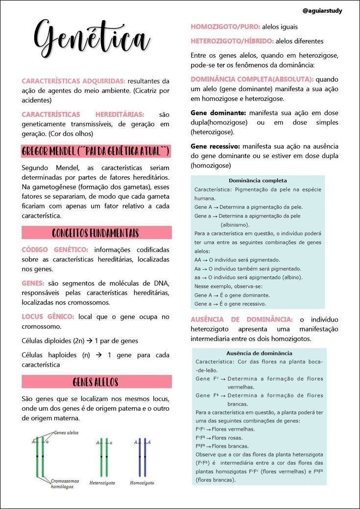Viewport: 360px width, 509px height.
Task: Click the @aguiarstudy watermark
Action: [322, 11]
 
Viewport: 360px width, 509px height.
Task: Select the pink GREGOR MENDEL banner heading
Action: [96, 151]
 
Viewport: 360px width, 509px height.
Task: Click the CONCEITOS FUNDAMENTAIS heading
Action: [96, 232]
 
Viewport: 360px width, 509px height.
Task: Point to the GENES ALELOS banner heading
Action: [96, 382]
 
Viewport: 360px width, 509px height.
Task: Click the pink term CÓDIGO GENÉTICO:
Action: [55, 250]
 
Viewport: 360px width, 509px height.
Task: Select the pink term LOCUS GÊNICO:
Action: [48, 317]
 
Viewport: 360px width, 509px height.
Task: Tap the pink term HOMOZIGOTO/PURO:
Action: [225, 27]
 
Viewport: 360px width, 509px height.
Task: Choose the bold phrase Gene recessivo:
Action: [215, 146]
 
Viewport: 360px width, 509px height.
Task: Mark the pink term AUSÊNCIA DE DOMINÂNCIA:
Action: [241, 320]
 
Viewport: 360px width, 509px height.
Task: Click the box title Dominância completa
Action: [258, 181]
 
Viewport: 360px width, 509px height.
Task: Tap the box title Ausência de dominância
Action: [259, 353]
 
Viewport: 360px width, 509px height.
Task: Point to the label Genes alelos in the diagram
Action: [66, 433]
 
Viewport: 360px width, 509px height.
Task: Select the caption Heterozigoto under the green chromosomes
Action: [102, 483]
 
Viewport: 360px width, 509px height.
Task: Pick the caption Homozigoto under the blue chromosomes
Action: [142, 483]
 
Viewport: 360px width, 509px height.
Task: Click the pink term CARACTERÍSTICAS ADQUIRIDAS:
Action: [73, 81]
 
